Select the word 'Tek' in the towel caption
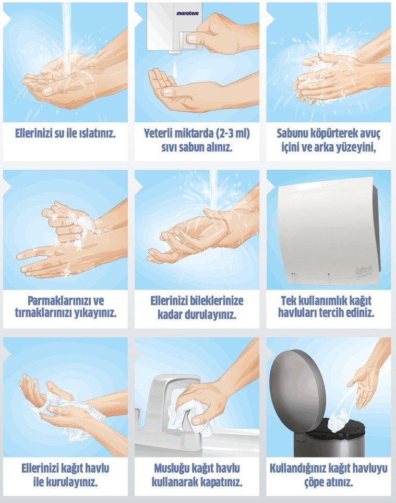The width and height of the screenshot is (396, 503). tap(289, 301)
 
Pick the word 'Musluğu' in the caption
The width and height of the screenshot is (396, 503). tap(172, 469)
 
